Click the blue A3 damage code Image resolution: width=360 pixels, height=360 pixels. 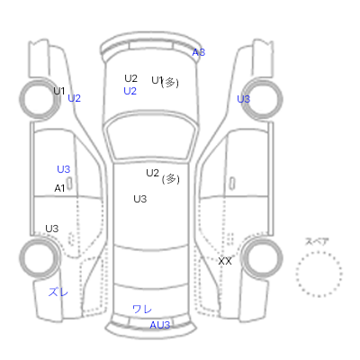[x=198, y=52]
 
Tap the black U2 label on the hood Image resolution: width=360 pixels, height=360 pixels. [x=130, y=78]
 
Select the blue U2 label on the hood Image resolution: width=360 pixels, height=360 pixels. [x=130, y=91]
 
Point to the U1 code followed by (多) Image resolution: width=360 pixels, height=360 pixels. [x=157, y=80]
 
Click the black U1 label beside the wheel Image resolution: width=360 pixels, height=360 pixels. [x=59, y=91]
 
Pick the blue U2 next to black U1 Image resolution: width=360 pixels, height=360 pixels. [x=74, y=98]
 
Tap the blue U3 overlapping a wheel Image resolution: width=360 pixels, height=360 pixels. [x=243, y=99]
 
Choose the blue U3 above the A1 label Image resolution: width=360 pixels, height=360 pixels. [x=64, y=169]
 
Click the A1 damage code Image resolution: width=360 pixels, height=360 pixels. [x=59, y=188]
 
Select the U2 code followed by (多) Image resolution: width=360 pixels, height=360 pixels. [x=152, y=173]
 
